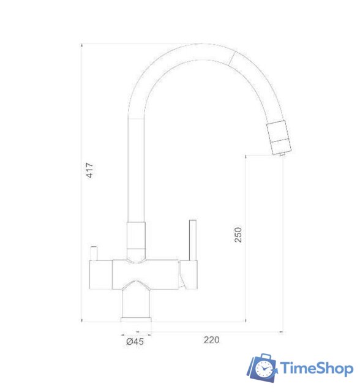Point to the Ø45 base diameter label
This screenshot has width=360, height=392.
[x=135, y=342]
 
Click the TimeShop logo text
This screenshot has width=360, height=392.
[x=316, y=369]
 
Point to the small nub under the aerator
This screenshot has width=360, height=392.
[x=282, y=156]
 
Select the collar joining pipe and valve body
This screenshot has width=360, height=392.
[x=136, y=236]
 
